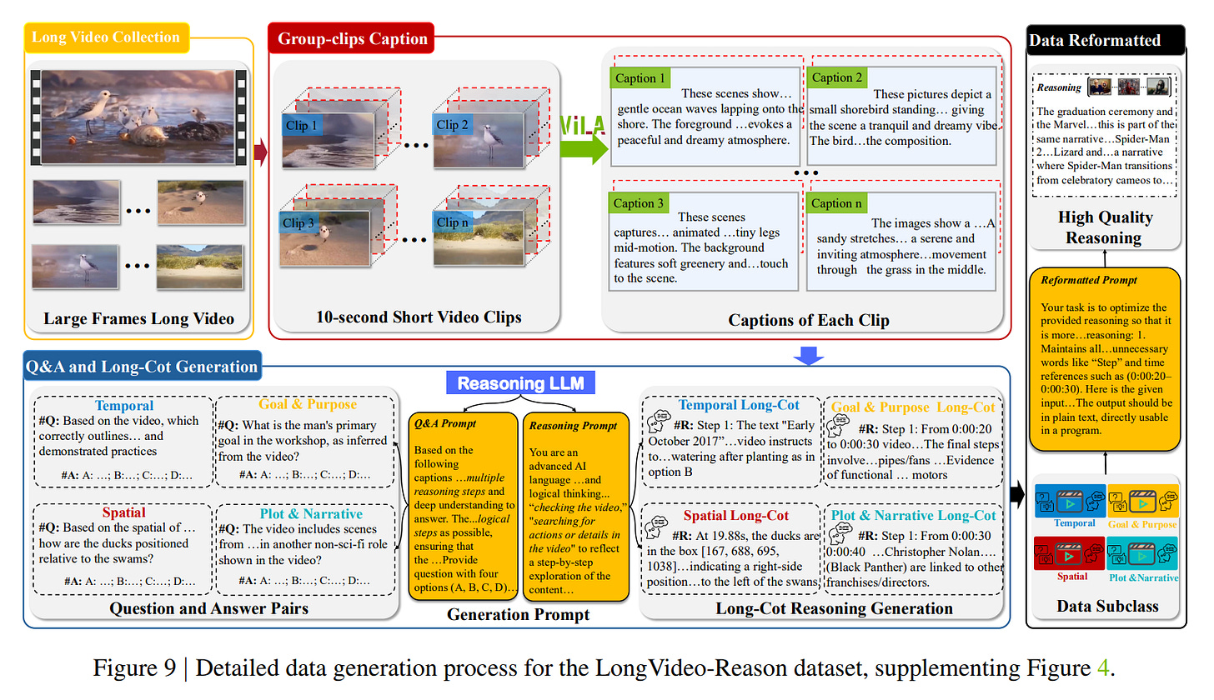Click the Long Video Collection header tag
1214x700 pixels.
click(x=105, y=37)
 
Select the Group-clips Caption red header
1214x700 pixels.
click(x=353, y=38)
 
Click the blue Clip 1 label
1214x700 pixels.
click(x=301, y=126)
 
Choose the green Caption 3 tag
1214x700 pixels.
click(x=640, y=203)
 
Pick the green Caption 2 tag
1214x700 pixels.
click(x=837, y=77)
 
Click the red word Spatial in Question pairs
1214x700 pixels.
click(x=123, y=512)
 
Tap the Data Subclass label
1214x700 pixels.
click(x=1107, y=606)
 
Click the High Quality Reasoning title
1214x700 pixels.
click(x=1106, y=227)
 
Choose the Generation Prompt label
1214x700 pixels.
click(x=519, y=615)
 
